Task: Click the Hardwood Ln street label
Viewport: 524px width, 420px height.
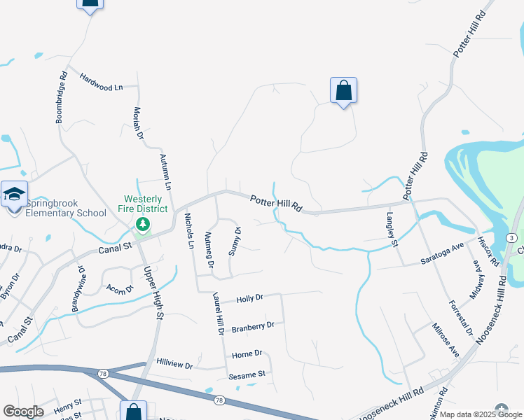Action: (101, 82)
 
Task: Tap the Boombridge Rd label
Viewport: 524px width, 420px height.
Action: (62, 97)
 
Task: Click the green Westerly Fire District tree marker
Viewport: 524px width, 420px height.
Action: (143, 224)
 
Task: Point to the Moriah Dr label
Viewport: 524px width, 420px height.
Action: (138, 122)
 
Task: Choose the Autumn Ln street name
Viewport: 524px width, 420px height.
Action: (166, 172)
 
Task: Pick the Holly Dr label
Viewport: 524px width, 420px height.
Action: (249, 298)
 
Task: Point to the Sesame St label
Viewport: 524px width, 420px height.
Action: (247, 374)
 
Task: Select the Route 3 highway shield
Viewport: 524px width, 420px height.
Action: (513, 239)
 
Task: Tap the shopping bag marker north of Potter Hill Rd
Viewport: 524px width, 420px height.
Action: (343, 91)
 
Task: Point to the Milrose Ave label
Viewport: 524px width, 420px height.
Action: (445, 340)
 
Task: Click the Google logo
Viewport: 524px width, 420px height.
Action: (23, 412)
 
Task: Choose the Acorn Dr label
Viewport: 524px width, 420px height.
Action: (120, 288)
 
